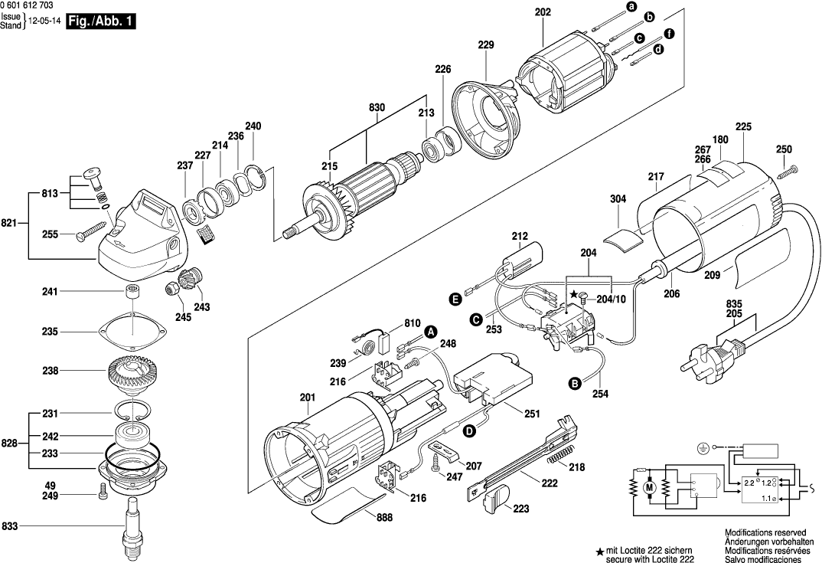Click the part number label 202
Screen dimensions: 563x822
pyautogui.click(x=543, y=13)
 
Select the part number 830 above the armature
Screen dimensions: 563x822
pyautogui.click(x=377, y=108)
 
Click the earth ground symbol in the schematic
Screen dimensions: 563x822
pyautogui.click(x=703, y=447)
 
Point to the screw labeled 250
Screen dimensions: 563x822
pyautogui.click(x=788, y=171)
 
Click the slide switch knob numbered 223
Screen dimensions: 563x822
pyautogui.click(x=495, y=501)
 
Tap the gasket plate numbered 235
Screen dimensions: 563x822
pyautogui.click(x=132, y=331)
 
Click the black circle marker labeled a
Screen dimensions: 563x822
pyautogui.click(x=631, y=7)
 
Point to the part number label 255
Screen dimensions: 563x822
pyautogui.click(x=49, y=235)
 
